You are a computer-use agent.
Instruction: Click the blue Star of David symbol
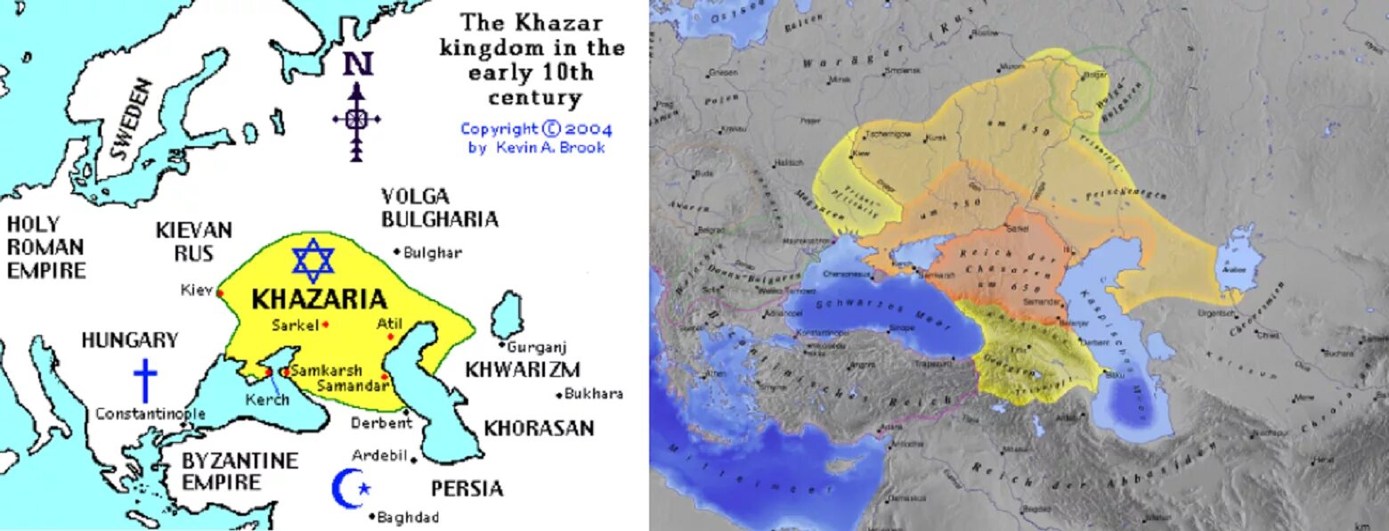pyautogui.click(x=313, y=260)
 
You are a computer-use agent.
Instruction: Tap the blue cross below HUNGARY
pyautogui.click(x=144, y=380)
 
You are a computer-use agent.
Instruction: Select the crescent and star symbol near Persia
pyautogui.click(x=348, y=487)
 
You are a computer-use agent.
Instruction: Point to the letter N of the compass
pyautogui.click(x=358, y=64)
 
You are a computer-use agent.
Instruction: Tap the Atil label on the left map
pyautogui.click(x=391, y=324)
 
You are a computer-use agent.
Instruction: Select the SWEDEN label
pyautogui.click(x=131, y=118)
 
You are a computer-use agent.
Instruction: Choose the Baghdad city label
pyautogui.click(x=408, y=517)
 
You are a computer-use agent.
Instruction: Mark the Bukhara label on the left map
pyautogui.click(x=595, y=394)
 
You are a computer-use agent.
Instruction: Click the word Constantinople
pyautogui.click(x=150, y=413)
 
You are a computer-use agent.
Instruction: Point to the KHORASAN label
pyautogui.click(x=539, y=429)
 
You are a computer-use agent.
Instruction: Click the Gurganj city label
pyautogui.click(x=537, y=347)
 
